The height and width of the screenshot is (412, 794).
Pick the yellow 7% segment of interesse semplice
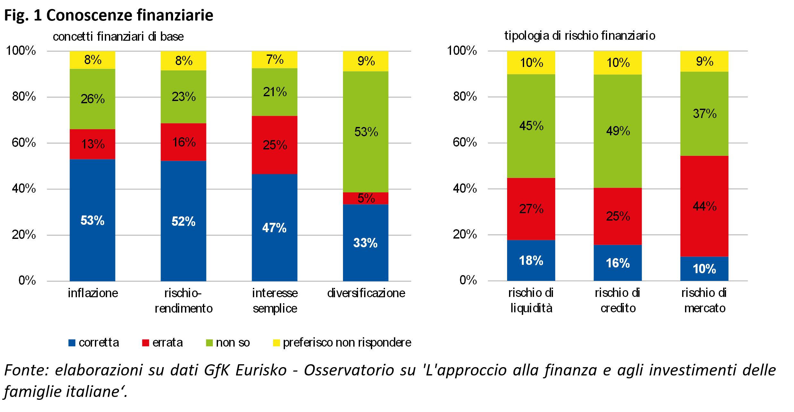coord(274,60)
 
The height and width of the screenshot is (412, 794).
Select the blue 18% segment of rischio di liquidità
coord(531,260)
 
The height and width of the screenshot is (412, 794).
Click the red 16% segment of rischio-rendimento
coord(183,142)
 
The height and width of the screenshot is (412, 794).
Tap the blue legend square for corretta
coord(72,343)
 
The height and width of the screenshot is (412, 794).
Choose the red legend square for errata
coord(146,343)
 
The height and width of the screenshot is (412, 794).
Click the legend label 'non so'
coord(233,343)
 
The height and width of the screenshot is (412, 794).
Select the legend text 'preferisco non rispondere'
coord(347,343)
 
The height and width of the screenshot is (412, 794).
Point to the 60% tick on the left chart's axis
coord(24,143)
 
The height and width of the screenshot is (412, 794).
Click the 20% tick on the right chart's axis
coord(464,234)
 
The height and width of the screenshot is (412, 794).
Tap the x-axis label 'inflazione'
coord(93,293)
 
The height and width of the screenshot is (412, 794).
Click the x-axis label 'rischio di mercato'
coord(704,300)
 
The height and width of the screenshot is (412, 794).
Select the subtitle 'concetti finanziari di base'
coord(118,37)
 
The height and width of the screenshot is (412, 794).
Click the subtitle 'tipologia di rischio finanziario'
coord(580,36)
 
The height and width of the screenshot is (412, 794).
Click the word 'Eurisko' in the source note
coord(261,370)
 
